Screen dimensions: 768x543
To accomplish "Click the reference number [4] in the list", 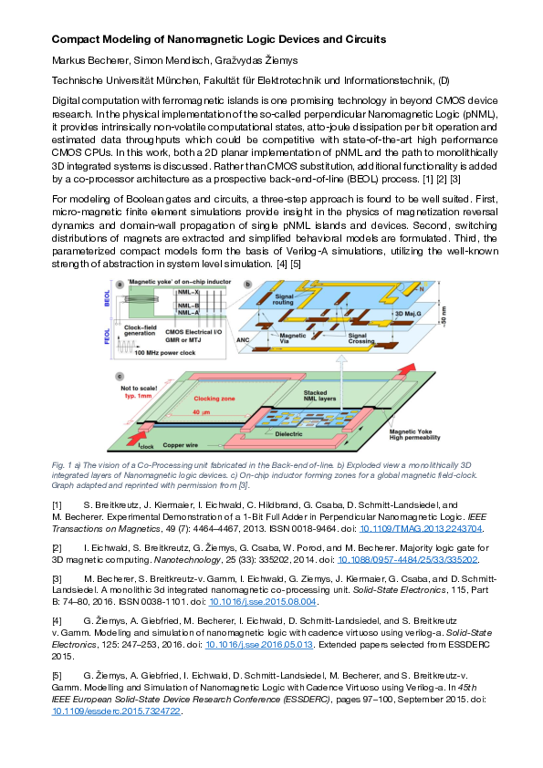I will tap(57, 620).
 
